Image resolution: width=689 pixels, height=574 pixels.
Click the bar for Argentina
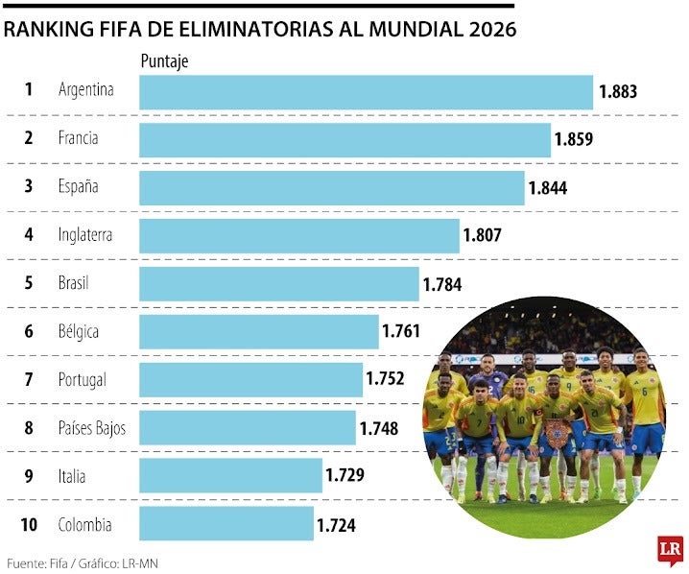tap(366, 92)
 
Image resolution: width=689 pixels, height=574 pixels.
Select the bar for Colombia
tap(226, 524)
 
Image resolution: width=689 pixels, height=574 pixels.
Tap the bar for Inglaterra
tap(299, 235)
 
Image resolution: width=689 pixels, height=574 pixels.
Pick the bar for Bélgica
tap(259, 332)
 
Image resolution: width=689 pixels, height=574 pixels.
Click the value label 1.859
tap(573, 139)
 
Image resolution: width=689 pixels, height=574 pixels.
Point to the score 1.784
tap(441, 284)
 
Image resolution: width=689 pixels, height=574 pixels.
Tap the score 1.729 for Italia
tap(344, 475)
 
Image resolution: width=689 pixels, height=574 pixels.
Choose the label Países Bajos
tap(92, 427)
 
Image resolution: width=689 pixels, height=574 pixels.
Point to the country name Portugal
tap(83, 379)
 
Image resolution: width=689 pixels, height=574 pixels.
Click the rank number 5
tap(29, 283)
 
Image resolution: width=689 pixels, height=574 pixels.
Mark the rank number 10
tap(28, 524)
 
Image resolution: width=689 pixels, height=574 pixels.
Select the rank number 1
tap(29, 90)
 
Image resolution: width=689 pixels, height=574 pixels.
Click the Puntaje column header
tap(164, 61)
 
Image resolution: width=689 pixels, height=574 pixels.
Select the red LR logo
tap(670, 550)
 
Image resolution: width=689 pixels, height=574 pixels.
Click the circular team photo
tap(544, 419)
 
